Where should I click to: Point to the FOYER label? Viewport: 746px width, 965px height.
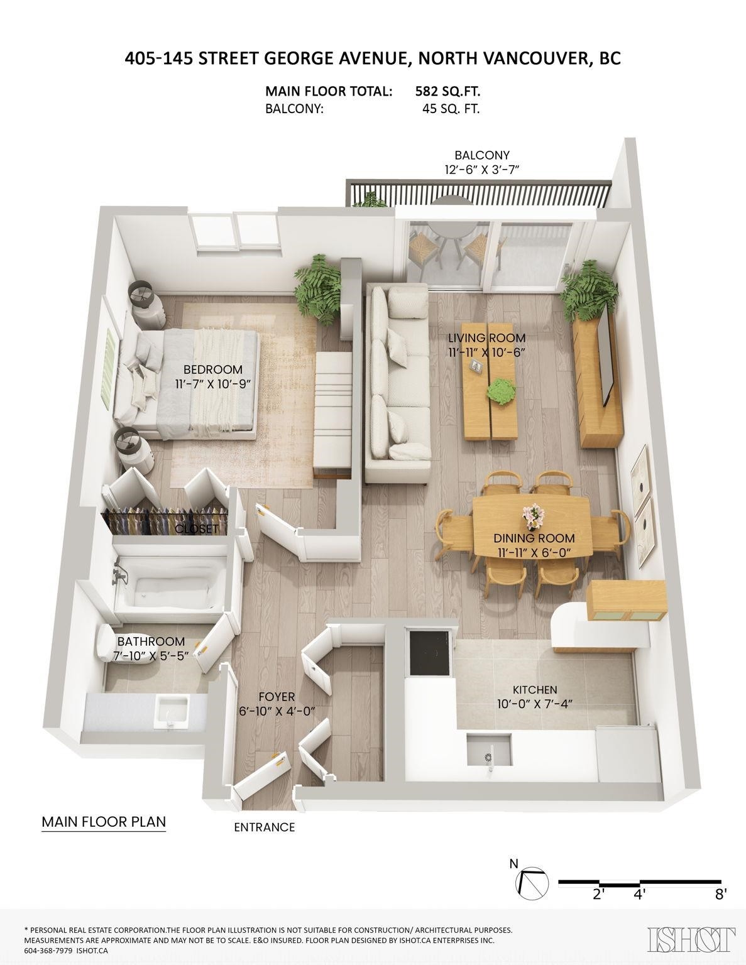[277, 697]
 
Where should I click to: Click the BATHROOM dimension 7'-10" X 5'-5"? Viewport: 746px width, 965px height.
[151, 656]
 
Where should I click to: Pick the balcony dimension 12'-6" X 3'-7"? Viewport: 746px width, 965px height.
[482, 169]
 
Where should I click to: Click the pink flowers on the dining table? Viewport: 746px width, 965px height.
[534, 516]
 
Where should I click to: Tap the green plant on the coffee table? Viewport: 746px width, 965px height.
[502, 391]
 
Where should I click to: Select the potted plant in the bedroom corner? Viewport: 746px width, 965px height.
[321, 286]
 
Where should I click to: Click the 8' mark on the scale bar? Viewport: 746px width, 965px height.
[720, 894]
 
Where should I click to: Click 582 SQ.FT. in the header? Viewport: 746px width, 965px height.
[447, 91]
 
